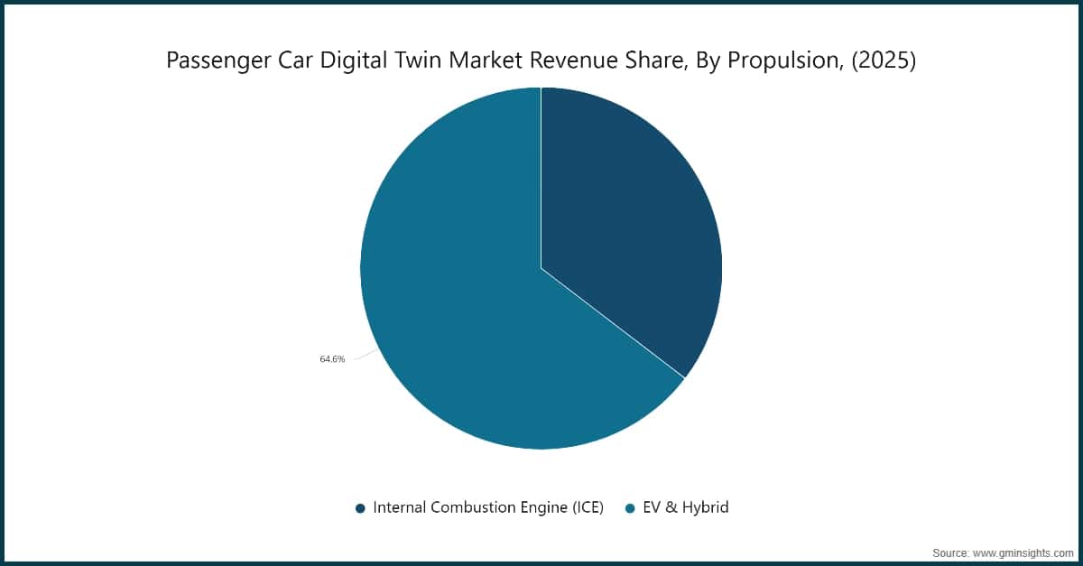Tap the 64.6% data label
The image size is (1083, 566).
tap(332, 359)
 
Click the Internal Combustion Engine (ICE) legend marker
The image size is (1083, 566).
tap(360, 508)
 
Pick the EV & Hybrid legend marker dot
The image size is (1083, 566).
tap(630, 508)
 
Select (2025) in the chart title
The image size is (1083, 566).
tap(884, 60)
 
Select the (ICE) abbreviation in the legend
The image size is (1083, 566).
tap(588, 508)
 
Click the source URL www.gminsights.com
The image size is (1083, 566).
tap(1023, 553)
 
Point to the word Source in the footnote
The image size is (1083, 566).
tap(950, 553)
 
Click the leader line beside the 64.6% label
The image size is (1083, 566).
tap(366, 355)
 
